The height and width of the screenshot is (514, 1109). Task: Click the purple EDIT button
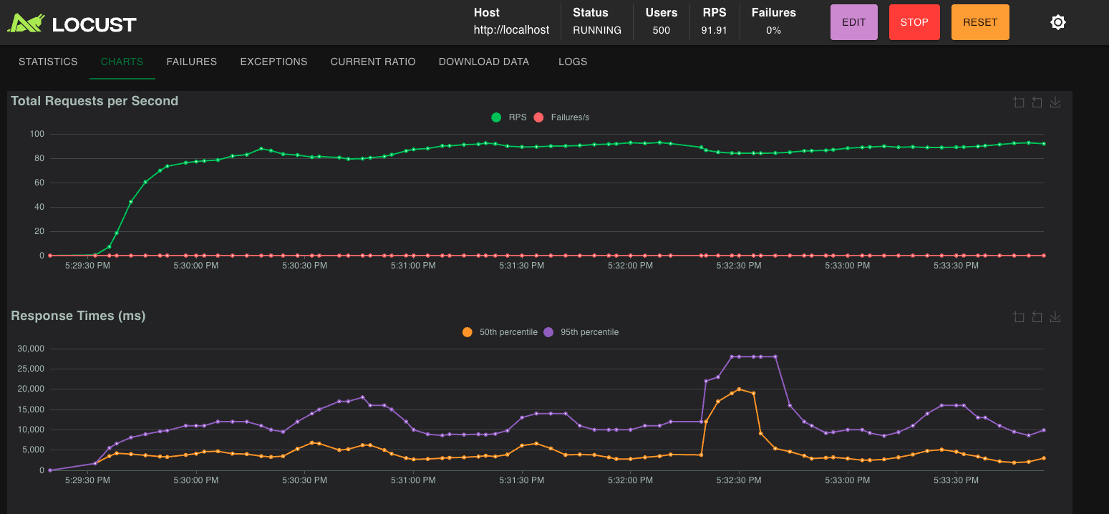(853, 22)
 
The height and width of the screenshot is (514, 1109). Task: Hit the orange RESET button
(979, 22)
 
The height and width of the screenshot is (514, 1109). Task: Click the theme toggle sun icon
(1057, 22)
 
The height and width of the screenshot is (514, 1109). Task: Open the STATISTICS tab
(48, 62)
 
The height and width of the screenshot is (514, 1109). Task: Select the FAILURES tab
(191, 62)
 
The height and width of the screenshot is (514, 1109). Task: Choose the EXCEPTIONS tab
(273, 62)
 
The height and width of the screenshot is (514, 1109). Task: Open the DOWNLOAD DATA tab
(483, 62)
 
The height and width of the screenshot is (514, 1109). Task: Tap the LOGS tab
(573, 62)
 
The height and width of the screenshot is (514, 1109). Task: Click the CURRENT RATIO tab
(372, 62)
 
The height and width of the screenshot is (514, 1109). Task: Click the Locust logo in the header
(72, 24)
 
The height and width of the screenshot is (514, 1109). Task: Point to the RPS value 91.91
(714, 31)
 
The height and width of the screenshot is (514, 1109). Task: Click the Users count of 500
(661, 31)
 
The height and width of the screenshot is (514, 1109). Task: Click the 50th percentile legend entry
(500, 332)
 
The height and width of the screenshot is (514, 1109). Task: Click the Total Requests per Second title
(95, 101)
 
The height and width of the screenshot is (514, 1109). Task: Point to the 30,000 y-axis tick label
(30, 349)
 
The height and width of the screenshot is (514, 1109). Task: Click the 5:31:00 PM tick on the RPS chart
(412, 266)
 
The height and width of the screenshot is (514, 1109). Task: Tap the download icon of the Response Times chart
(1055, 317)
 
